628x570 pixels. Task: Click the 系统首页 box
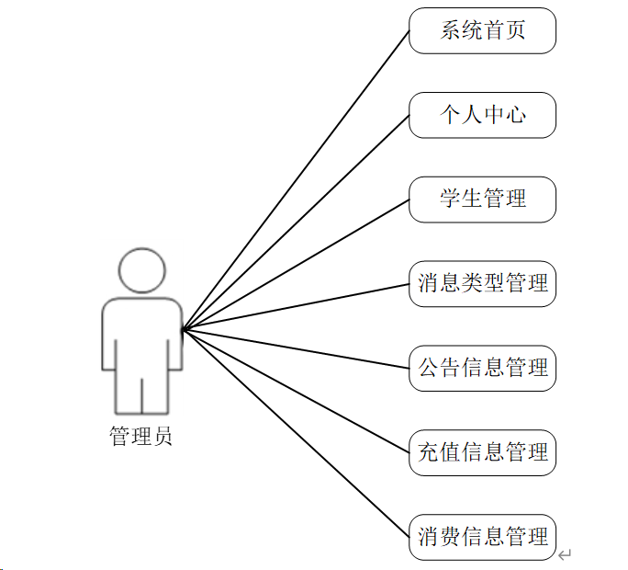pyautogui.click(x=482, y=30)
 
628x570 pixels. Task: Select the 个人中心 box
pyautogui.click(x=482, y=115)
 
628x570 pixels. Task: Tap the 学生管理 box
pyautogui.click(x=482, y=199)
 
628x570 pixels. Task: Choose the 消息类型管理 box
pyautogui.click(x=482, y=283)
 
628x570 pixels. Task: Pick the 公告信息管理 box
pyautogui.click(x=482, y=368)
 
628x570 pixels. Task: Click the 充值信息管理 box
pyautogui.click(x=482, y=452)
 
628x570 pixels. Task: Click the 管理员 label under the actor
pyautogui.click(x=141, y=437)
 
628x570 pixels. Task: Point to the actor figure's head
pyautogui.click(x=142, y=270)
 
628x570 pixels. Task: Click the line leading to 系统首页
pyautogui.click(x=296, y=180)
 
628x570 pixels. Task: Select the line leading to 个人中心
pyautogui.click(x=296, y=222)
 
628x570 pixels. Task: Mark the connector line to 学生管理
pyautogui.click(x=296, y=265)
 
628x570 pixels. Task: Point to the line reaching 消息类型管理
pyautogui.click(x=296, y=306)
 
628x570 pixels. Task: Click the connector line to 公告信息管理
pyautogui.click(x=296, y=348)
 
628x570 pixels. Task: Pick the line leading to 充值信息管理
pyautogui.click(x=296, y=391)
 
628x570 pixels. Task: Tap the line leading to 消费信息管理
pyautogui.click(x=296, y=433)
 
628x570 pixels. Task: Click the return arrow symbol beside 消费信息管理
pyautogui.click(x=566, y=553)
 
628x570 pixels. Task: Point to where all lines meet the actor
pyautogui.click(x=183, y=329)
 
